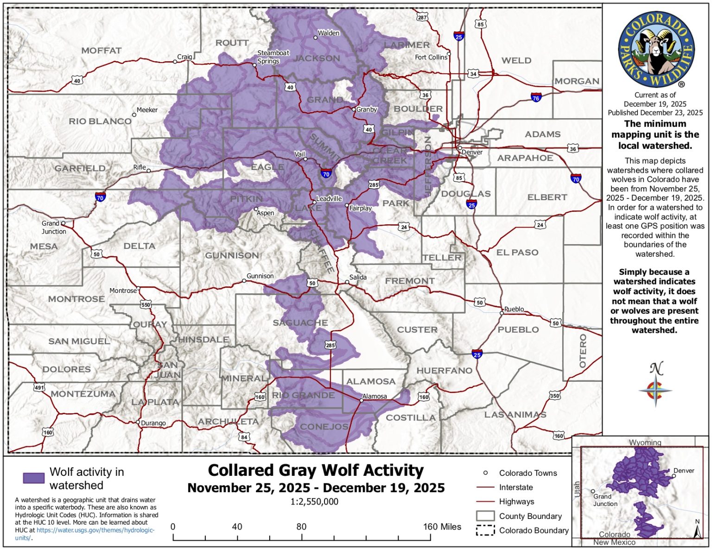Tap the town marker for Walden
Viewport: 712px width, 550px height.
coord(316,38)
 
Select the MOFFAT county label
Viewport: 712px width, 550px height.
coord(102,51)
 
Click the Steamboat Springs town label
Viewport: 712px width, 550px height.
coord(273,57)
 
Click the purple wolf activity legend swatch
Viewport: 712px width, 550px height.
coord(34,478)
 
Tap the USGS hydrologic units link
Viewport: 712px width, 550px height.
coord(95,530)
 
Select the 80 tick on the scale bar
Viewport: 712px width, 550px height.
coord(302,537)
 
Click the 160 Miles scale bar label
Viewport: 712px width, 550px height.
coord(442,527)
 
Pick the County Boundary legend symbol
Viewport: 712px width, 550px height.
coord(485,516)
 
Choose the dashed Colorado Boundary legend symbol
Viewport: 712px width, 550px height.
coord(485,531)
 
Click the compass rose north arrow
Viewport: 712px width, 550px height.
coord(655,385)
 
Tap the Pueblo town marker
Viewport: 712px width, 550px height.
coord(502,313)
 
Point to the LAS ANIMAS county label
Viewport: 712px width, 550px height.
coord(515,415)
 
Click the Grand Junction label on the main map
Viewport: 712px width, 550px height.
coord(54,228)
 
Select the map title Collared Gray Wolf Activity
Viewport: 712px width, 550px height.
coord(316,470)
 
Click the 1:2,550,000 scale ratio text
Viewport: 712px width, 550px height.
coord(314,502)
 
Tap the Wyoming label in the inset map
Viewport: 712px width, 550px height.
coord(645,443)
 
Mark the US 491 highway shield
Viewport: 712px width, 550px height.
coord(39,387)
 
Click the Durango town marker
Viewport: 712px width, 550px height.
coord(138,422)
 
